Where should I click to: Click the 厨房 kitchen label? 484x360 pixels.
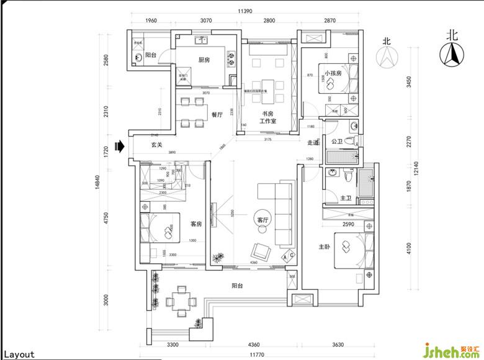[x=203, y=60]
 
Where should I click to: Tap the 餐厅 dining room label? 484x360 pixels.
[x=217, y=114]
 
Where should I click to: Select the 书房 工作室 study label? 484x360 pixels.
[x=267, y=117]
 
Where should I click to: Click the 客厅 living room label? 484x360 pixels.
[x=262, y=219]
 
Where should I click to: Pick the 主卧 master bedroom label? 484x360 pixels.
[x=324, y=246]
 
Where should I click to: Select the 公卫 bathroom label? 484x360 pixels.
[x=337, y=142]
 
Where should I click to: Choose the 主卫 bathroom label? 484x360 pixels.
[x=346, y=198]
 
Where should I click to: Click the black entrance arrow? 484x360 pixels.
[x=122, y=145]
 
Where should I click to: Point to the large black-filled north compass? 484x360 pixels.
[x=452, y=54]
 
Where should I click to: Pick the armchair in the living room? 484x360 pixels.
[x=261, y=252]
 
